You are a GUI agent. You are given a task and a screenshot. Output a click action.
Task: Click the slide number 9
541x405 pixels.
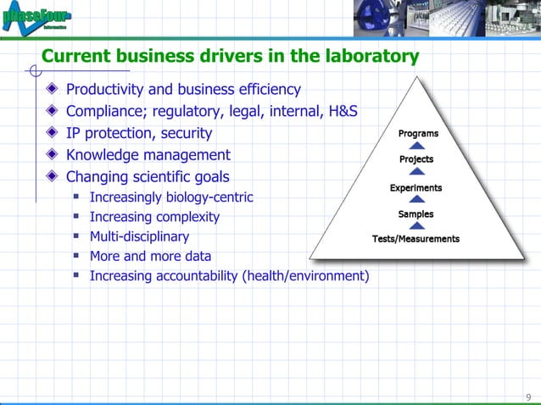pos(528,397)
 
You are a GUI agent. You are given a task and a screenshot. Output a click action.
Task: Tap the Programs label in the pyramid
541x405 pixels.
pos(418,133)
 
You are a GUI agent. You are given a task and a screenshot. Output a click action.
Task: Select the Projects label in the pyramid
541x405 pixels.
pos(416,159)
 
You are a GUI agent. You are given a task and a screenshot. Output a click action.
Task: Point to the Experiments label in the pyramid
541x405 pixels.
pos(416,187)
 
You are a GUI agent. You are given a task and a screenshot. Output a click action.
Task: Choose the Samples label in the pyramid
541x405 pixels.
pos(416,214)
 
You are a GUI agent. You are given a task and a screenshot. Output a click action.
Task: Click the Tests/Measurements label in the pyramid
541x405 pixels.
pos(416,239)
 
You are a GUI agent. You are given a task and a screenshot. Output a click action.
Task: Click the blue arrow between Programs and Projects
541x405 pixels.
pos(417,146)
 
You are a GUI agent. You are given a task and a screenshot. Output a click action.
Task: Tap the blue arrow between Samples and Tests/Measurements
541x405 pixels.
pos(416,226)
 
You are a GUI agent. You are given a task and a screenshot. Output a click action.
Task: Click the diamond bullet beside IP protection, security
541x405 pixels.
pos(53,133)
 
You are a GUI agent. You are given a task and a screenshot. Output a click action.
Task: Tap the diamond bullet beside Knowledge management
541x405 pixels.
pos(53,155)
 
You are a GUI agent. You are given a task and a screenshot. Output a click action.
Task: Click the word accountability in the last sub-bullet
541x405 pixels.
pos(194,275)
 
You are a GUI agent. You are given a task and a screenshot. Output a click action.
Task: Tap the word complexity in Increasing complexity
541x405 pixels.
pos(186,217)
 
